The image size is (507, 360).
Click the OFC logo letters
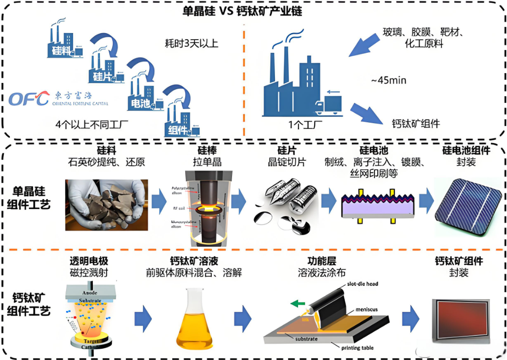pyautogui.click(x=28, y=98)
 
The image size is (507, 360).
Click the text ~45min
pyautogui.click(x=389, y=80)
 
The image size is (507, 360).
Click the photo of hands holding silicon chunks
pyautogui.click(x=106, y=204)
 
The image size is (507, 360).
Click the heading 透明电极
pyautogui.click(x=89, y=261)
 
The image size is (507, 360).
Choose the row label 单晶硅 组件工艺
pyautogui.click(x=31, y=198)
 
